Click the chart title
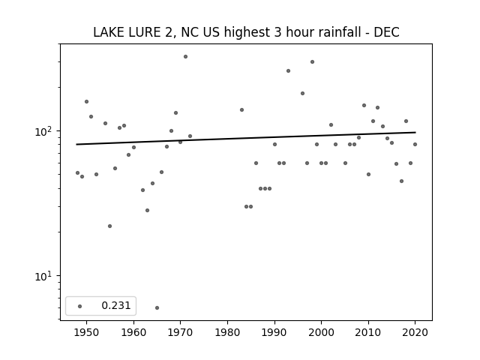pyautogui.click(x=246, y=32)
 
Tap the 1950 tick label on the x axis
pyautogui.click(x=87, y=332)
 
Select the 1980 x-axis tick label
pyautogui.click(x=227, y=332)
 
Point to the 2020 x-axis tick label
pyautogui.click(x=415, y=332)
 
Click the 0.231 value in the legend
pyautogui.click(x=116, y=305)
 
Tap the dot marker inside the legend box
pyautogui.click(x=80, y=306)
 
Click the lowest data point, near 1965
pyautogui.click(x=157, y=307)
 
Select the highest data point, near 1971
pyautogui.click(x=185, y=57)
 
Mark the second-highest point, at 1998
pyautogui.click(x=312, y=61)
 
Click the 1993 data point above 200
pyautogui.click(x=288, y=71)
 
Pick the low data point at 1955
pyautogui.click(x=110, y=226)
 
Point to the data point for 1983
pyautogui.click(x=241, y=110)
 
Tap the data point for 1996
pyautogui.click(x=302, y=93)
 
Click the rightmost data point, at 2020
pyautogui.click(x=415, y=145)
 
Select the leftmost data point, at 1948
pyautogui.click(x=77, y=173)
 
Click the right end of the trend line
pyautogui.click(x=415, y=132)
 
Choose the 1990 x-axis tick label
pyautogui.click(x=274, y=332)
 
